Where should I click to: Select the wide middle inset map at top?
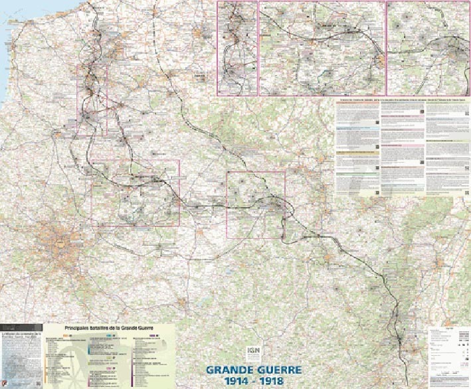322,48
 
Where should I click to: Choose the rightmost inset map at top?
428,48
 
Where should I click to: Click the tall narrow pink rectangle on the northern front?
91,100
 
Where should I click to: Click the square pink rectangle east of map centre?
256,204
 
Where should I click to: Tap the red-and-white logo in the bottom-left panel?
5,383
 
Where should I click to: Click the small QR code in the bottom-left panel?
39,383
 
